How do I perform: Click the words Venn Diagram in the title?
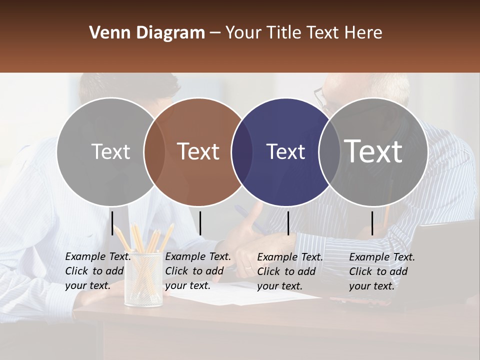point(147,33)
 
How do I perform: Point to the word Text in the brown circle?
point(198,151)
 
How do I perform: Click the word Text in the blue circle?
point(286,151)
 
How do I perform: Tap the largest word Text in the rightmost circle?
point(373,151)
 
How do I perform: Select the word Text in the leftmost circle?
point(110,151)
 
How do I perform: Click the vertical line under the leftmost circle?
point(112,223)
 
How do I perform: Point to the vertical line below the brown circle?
point(200,223)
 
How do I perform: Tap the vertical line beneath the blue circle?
point(288,223)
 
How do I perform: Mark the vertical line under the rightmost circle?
point(372,223)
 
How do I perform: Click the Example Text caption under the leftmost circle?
point(97,271)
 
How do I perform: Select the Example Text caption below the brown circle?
point(197,271)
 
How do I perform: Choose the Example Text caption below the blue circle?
point(289,271)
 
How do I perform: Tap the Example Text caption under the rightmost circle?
point(381,271)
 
